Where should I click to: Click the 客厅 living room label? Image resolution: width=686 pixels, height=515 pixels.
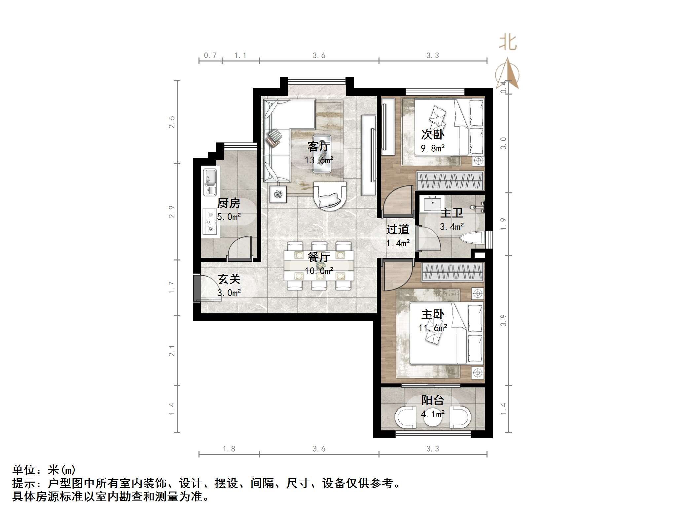[318, 146]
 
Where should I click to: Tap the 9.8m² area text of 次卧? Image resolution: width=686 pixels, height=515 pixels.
[432, 148]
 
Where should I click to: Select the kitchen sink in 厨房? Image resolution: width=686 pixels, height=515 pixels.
[210, 182]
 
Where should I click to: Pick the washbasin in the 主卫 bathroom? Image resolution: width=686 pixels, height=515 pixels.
[432, 203]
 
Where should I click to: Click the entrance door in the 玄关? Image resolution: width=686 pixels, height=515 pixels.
[197, 288]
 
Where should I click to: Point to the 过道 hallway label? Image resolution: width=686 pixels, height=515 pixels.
[398, 229]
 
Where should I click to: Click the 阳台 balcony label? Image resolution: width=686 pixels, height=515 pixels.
[432, 400]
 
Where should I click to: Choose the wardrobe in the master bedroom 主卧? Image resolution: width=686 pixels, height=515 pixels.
[452, 272]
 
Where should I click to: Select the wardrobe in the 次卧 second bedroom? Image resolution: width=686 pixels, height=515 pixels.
[450, 180]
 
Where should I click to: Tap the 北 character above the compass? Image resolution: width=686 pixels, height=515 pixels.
[508, 43]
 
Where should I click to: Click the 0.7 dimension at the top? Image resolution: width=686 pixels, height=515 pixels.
[210, 56]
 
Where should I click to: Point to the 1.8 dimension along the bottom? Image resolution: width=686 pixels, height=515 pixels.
[229, 449]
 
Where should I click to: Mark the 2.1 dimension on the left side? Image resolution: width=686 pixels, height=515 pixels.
[172, 351]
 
